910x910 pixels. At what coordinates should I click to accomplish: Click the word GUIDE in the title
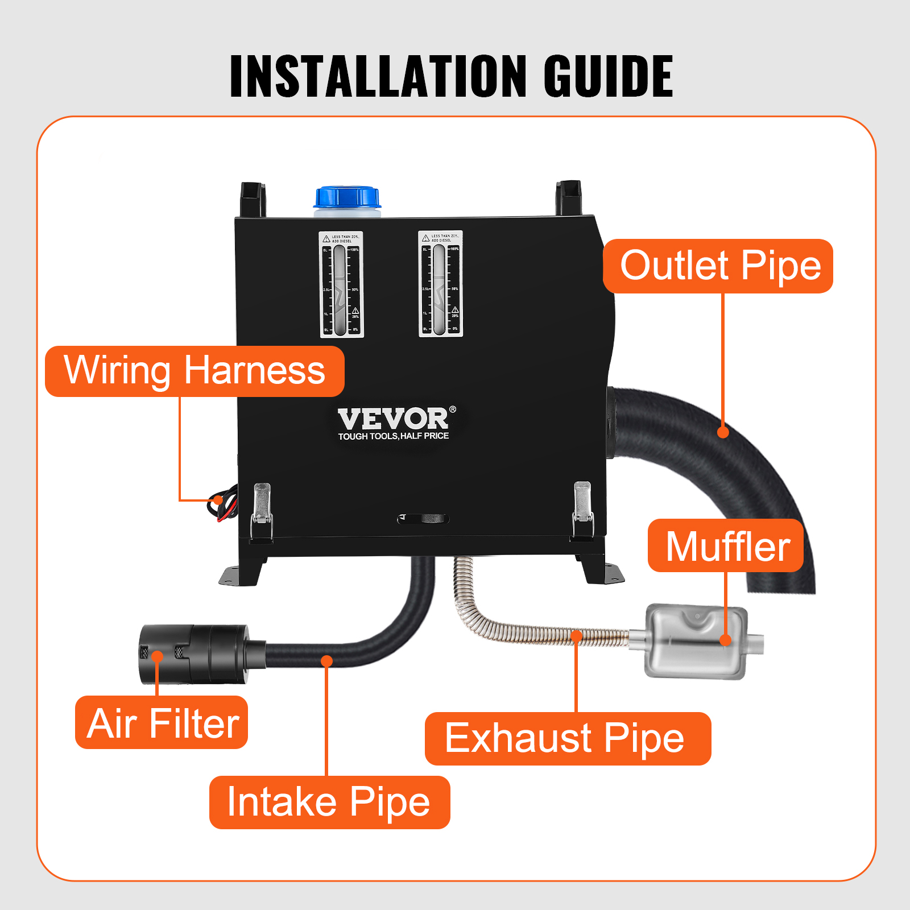pyautogui.click(x=608, y=76)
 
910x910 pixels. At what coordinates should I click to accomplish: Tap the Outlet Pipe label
pyautogui.click(x=718, y=266)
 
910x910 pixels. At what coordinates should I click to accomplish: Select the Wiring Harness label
pyautogui.click(x=195, y=371)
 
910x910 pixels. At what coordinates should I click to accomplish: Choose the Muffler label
pyautogui.click(x=726, y=546)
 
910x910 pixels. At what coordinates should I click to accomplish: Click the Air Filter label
pyautogui.click(x=162, y=723)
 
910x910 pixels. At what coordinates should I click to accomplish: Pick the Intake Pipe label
pyautogui.click(x=329, y=802)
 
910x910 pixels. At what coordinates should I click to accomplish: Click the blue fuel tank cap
pyautogui.click(x=347, y=197)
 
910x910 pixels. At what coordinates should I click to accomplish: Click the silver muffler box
pyautogui.click(x=696, y=642)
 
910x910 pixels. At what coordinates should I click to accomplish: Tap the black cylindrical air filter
pyautogui.click(x=193, y=654)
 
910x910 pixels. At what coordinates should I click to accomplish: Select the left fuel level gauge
pyautogui.click(x=341, y=284)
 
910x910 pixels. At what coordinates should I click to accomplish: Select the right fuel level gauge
pyautogui.click(x=440, y=284)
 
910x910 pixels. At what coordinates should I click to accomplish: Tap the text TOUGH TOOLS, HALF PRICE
pyautogui.click(x=394, y=436)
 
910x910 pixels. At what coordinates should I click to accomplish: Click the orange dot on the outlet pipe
pyautogui.click(x=723, y=432)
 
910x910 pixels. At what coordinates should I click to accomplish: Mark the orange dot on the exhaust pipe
pyautogui.click(x=576, y=635)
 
